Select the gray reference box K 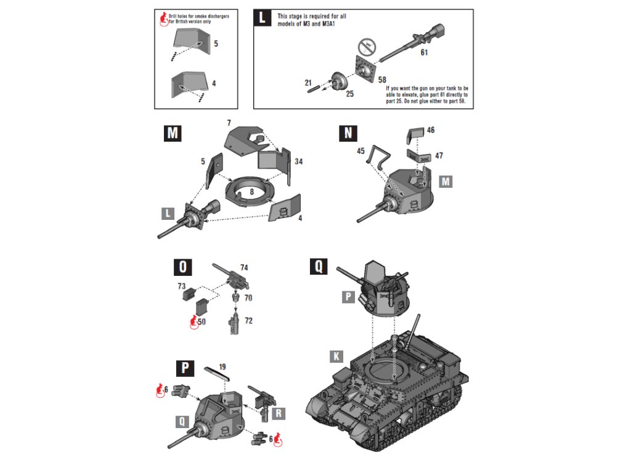click(x=336, y=357)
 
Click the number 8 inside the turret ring click(x=251, y=192)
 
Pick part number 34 click(x=299, y=161)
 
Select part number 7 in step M click(x=229, y=124)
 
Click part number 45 click(x=360, y=151)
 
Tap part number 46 click(x=431, y=130)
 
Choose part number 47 click(x=439, y=156)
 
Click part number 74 click(x=245, y=268)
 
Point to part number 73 click(x=181, y=286)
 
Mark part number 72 click(x=248, y=321)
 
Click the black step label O click(x=183, y=267)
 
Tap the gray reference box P click(x=349, y=297)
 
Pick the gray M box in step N click(x=446, y=181)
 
